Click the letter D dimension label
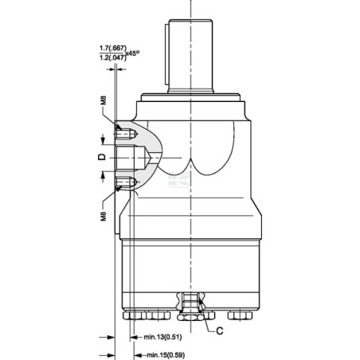coord(102,157)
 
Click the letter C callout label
coord(220,331)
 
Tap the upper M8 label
coord(104,100)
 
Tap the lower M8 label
coord(104,216)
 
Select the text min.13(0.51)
coord(162,337)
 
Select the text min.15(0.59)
coord(166,355)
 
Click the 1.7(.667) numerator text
coord(113,49)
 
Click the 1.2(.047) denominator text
coord(113,57)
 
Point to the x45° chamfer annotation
coord(133,53)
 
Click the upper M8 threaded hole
coord(127,133)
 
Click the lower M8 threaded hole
coord(127,182)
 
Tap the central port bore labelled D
coord(133,158)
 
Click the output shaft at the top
coord(190,56)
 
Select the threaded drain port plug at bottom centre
coord(190,306)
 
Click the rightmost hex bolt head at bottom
coord(240,315)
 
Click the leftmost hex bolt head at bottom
coord(135,315)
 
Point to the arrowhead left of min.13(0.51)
coord(134,338)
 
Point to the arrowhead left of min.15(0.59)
coord(138,355)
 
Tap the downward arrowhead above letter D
coord(103,141)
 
